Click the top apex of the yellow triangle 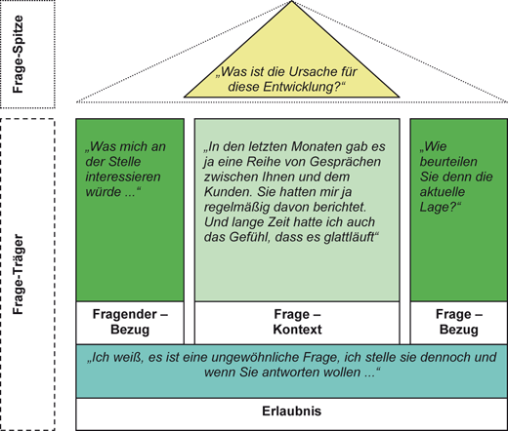coord(291,4)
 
